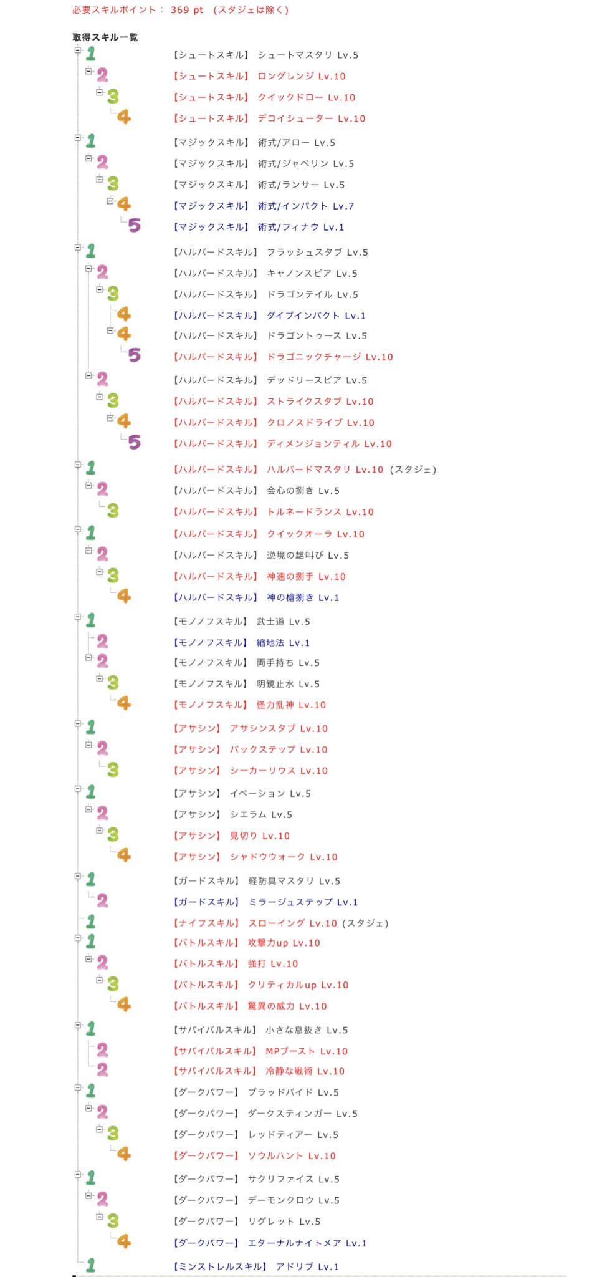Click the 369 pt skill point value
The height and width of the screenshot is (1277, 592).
click(x=187, y=10)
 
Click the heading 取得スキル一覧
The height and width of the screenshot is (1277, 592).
click(x=105, y=37)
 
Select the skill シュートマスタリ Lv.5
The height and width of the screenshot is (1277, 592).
click(x=308, y=55)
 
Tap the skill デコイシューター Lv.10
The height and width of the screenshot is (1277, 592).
click(x=311, y=118)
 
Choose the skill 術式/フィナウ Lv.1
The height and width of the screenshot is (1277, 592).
click(x=300, y=227)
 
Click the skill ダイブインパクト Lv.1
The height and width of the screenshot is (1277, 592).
click(x=316, y=316)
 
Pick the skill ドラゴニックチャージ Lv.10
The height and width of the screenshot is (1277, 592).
click(x=330, y=357)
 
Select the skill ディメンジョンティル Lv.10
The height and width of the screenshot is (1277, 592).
click(x=329, y=444)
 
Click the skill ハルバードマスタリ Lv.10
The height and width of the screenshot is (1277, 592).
click(x=325, y=470)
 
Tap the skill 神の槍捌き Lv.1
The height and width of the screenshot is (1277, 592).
click(x=303, y=597)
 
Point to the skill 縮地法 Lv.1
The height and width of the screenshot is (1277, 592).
click(x=283, y=642)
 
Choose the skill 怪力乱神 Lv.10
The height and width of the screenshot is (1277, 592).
click(x=291, y=705)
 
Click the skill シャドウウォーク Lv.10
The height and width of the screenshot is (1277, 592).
click(x=284, y=857)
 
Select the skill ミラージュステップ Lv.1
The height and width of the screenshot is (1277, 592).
click(x=303, y=902)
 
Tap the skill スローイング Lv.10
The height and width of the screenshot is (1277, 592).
click(x=292, y=923)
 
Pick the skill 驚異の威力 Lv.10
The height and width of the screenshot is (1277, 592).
click(x=287, y=1006)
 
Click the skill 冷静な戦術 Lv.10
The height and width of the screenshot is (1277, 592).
click(x=305, y=1071)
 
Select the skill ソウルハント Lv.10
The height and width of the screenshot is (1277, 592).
click(x=292, y=1155)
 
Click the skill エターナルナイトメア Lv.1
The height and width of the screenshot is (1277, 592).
click(x=307, y=1243)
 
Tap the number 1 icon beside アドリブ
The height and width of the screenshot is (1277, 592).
click(x=91, y=1265)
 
